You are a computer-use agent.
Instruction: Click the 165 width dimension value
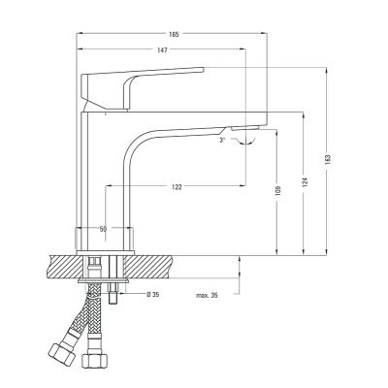(174, 34)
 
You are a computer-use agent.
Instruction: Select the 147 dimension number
(162, 50)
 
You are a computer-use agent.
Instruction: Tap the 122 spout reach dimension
(177, 187)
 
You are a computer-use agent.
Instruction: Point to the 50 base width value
(103, 229)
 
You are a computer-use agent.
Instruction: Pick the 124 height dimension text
(306, 182)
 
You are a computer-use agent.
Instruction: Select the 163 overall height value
(328, 159)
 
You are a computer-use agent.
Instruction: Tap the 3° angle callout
(222, 140)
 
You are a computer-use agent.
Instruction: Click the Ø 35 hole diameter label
(153, 294)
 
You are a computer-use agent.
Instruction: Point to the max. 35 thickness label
(207, 295)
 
